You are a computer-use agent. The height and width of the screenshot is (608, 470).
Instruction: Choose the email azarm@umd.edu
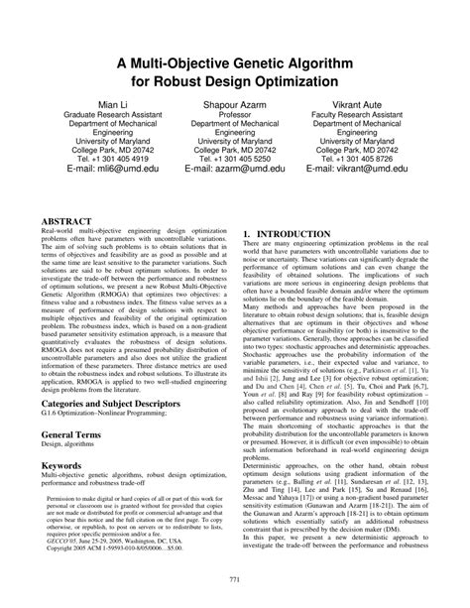click(235, 170)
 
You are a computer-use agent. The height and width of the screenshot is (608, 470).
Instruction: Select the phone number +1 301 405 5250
click(244, 157)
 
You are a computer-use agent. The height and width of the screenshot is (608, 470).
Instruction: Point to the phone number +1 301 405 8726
click(389, 157)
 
